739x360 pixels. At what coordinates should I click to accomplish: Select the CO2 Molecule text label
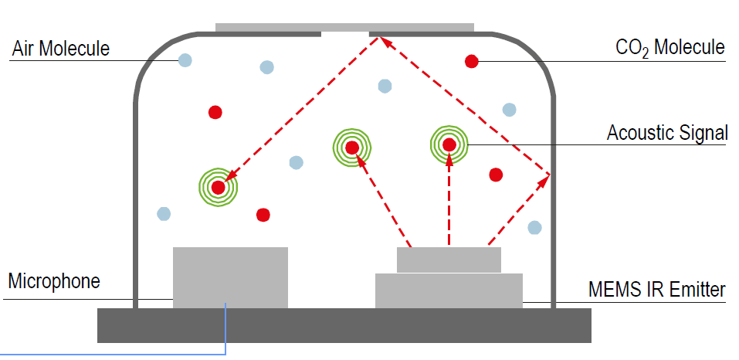point(670,48)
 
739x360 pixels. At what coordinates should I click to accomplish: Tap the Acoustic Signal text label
point(666,133)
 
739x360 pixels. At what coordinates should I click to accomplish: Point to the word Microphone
point(54,281)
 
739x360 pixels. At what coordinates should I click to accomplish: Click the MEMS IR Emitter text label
point(657,290)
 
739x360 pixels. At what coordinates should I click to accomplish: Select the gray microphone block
point(230,277)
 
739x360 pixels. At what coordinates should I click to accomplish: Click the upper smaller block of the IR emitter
point(449,260)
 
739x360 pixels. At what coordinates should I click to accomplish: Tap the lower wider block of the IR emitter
point(449,290)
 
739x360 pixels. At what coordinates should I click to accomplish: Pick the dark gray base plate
point(344,324)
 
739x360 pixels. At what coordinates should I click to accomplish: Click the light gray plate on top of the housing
point(344,28)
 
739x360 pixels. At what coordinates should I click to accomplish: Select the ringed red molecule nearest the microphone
point(218,187)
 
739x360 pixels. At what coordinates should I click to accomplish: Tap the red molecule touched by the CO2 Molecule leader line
point(471,61)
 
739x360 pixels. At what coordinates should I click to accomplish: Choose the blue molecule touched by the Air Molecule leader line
point(185,59)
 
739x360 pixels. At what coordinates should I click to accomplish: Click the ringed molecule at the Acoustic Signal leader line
point(449,144)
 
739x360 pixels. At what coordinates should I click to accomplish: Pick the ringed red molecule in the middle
point(352,147)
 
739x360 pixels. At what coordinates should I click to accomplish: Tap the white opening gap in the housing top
point(345,33)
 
